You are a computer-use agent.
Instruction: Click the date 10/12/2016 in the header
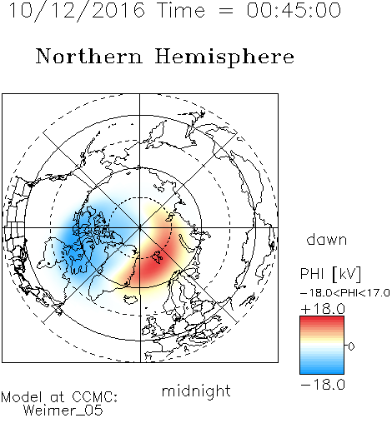[77, 11]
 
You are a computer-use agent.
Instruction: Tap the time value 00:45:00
[294, 10]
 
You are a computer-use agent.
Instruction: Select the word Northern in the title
[89, 56]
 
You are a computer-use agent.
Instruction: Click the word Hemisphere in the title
[224, 57]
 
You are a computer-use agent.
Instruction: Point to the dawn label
[327, 239]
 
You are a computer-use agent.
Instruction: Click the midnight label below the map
[196, 391]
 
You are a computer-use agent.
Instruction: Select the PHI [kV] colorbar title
[330, 274]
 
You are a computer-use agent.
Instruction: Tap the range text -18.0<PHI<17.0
[345, 293]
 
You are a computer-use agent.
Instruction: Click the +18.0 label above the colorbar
[323, 309]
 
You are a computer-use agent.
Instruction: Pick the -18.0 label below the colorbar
[323, 385]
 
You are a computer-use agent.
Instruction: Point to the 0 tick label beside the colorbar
[351, 346]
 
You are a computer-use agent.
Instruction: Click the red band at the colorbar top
[322, 320]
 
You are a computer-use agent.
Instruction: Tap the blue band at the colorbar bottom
[322, 371]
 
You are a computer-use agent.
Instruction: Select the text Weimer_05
[63, 411]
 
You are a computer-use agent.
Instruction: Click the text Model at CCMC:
[59, 397]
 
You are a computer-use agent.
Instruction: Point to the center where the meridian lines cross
[140, 228]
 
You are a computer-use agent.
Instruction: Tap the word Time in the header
[181, 10]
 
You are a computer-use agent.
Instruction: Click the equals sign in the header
[226, 11]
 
